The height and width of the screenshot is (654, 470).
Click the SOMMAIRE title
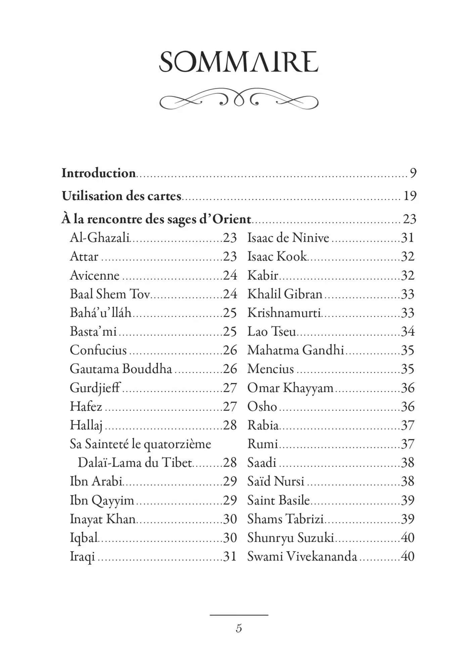(238, 62)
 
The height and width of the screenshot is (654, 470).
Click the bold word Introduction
(98, 173)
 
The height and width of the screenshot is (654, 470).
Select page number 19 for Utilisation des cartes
(410, 196)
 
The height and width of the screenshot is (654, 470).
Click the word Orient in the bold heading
(232, 219)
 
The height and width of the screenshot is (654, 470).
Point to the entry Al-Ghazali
(99, 238)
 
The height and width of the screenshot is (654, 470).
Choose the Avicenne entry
(94, 275)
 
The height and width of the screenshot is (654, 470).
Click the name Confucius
(98, 350)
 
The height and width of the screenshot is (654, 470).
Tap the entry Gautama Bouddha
(121, 369)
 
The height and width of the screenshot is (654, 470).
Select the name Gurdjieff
(95, 388)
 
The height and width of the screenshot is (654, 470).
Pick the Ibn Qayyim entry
(102, 500)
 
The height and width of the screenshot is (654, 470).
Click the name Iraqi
(82, 557)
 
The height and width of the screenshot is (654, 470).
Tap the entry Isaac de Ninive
(288, 238)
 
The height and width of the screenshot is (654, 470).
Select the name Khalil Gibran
(285, 294)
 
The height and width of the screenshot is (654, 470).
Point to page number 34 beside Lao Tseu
(408, 331)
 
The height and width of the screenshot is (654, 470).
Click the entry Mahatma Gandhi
(295, 350)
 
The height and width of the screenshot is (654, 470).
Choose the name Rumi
(263, 444)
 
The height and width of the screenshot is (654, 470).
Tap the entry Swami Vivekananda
(302, 557)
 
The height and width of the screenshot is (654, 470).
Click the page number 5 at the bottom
(239, 628)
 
